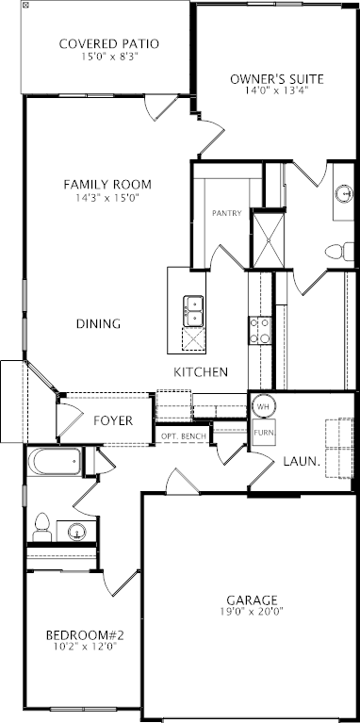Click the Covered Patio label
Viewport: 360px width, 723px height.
[109, 44]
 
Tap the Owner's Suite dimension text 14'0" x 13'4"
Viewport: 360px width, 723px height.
[277, 90]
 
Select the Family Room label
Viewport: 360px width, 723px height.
[107, 185]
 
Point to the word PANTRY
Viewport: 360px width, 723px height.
[227, 213]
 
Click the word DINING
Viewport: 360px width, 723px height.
[99, 324]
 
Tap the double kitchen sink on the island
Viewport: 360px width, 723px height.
[193, 311]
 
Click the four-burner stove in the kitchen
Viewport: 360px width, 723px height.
[260, 330]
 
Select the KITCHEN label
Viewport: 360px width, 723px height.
[201, 372]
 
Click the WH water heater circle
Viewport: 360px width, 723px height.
[263, 406]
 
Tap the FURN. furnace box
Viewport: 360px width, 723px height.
[264, 433]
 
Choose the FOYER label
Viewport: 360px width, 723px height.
[113, 420]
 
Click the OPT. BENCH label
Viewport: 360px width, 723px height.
[184, 435]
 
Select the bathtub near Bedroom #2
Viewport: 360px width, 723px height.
[55, 462]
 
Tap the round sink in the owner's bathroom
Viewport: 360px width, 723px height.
[343, 193]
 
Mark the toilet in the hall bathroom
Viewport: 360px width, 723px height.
[42, 528]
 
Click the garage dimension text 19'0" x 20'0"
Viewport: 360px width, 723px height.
[252, 612]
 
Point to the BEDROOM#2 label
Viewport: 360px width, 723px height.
[85, 636]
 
